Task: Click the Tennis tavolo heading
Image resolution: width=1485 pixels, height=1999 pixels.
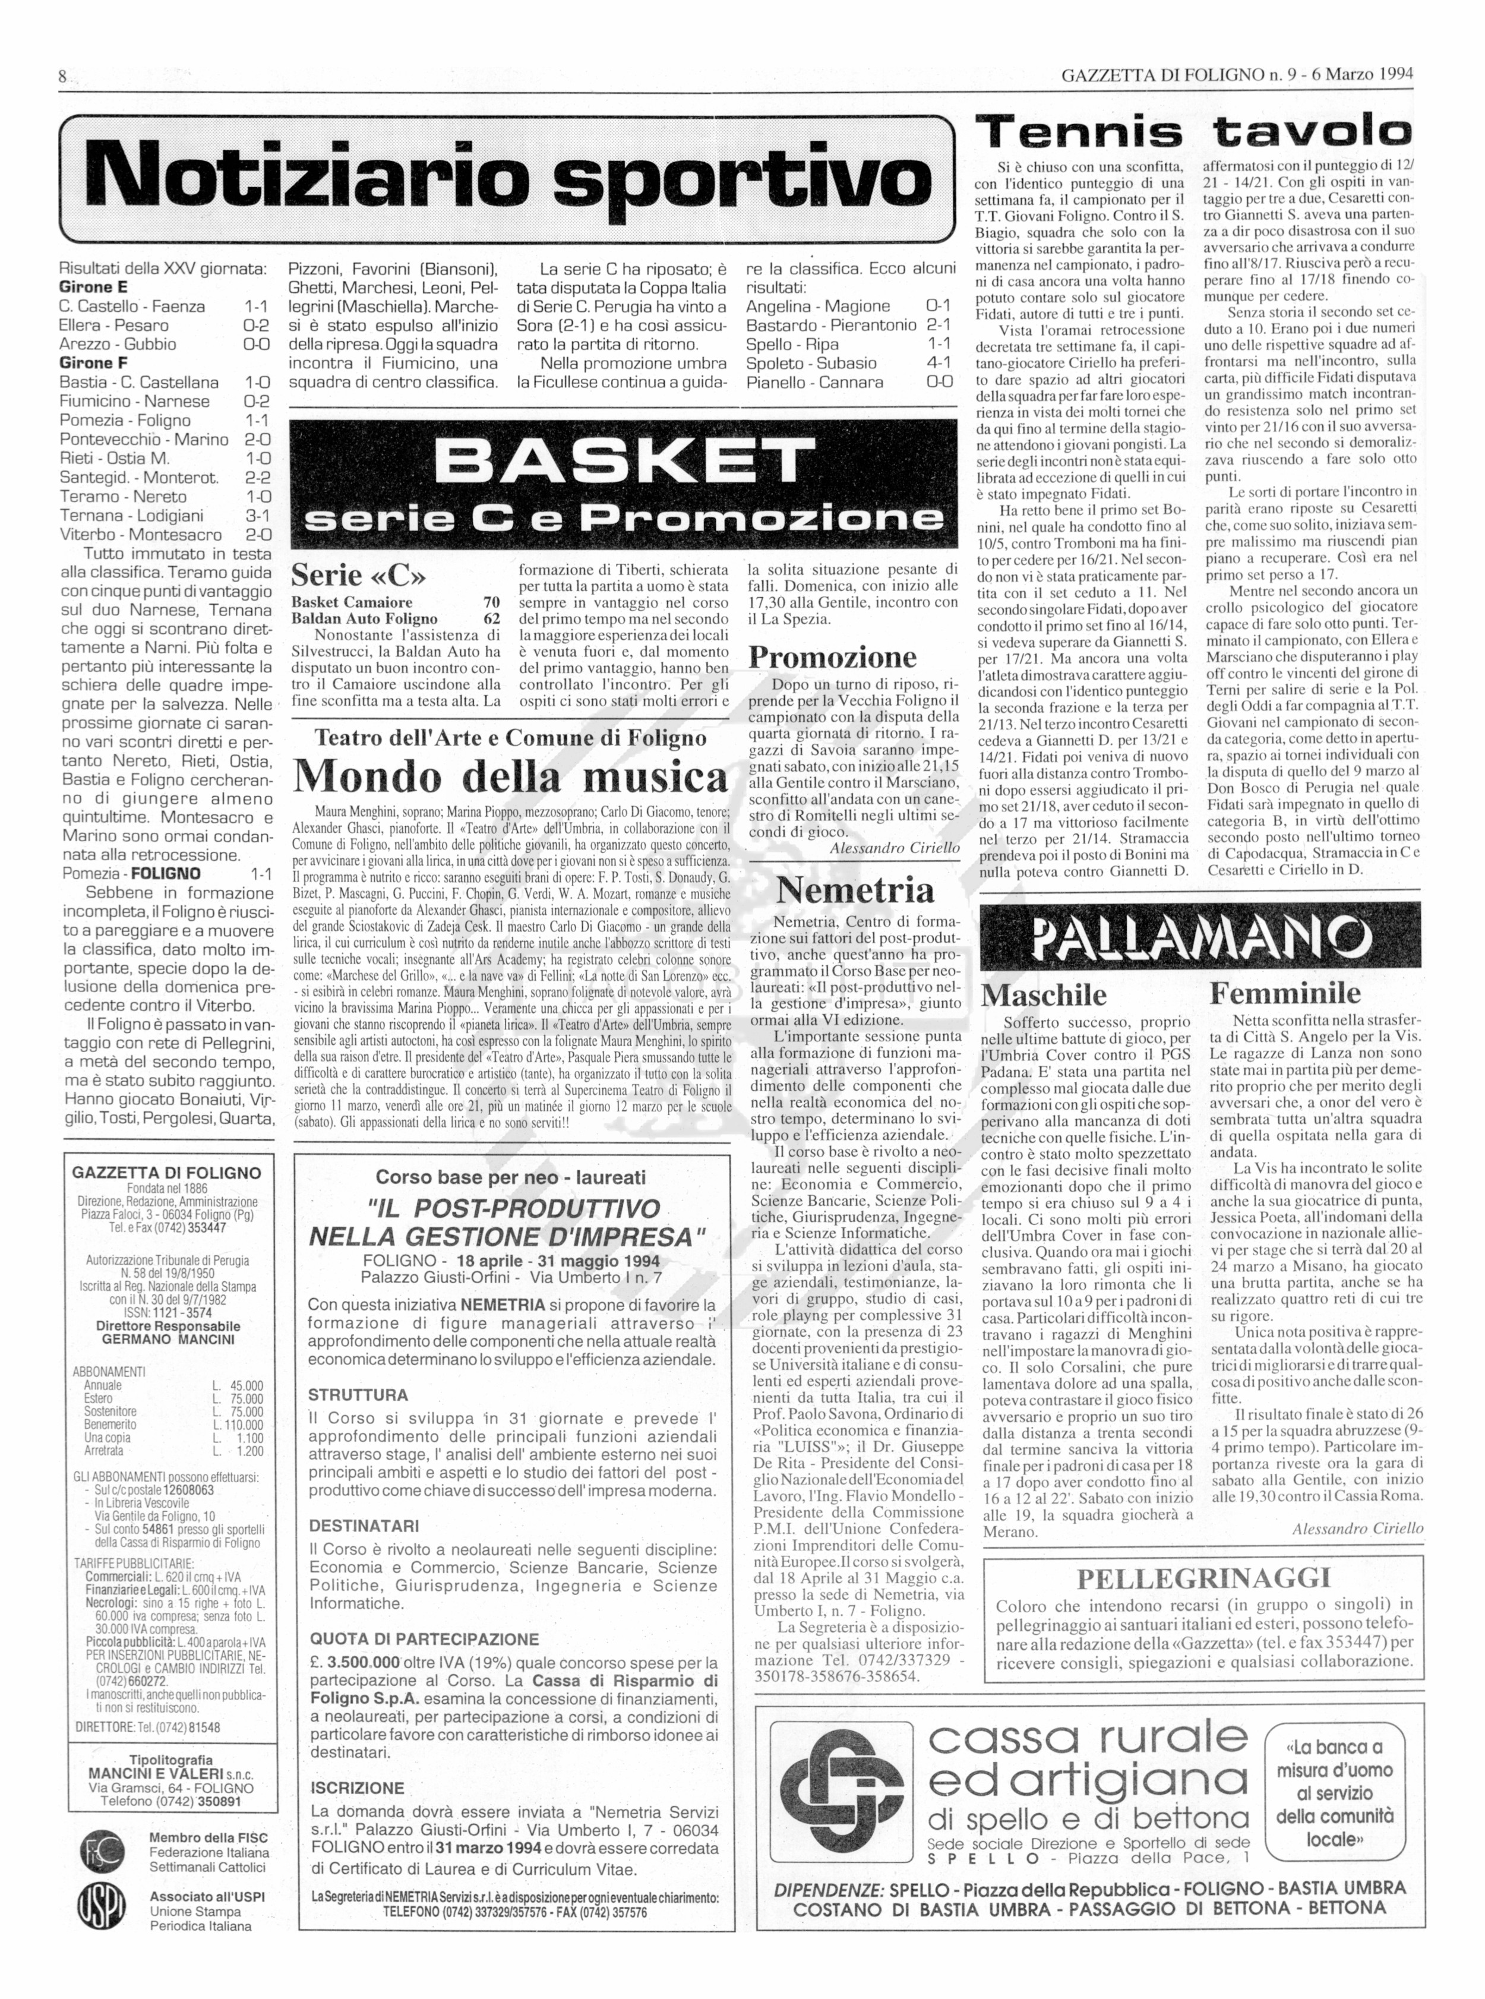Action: (x=1194, y=133)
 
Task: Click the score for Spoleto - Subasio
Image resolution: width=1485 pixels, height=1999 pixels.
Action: (x=939, y=363)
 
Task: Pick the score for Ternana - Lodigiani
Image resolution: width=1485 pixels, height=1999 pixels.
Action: (x=257, y=516)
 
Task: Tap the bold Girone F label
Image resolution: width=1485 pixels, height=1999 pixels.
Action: (x=93, y=363)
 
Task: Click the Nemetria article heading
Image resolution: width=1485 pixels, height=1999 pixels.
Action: (x=855, y=890)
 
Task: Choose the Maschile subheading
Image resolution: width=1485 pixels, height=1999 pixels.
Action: (x=1044, y=995)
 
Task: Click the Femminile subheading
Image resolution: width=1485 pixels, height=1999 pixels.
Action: (x=1285, y=993)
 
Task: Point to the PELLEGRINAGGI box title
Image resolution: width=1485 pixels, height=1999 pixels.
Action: (x=1203, y=1577)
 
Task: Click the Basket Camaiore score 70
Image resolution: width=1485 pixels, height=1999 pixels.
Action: (x=491, y=602)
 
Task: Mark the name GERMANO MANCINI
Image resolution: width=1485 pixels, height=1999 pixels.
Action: (x=168, y=1339)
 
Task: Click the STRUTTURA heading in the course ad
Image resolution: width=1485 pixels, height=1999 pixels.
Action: (x=358, y=1395)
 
